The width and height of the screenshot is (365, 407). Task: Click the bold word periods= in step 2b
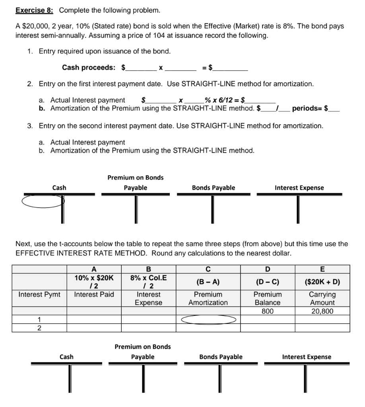coord(307,108)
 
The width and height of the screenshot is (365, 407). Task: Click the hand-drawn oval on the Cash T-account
coord(43,200)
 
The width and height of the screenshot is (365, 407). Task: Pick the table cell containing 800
coord(267,311)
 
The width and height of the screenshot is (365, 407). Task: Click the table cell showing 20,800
coord(322,311)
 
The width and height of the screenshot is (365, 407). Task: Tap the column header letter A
coord(94,269)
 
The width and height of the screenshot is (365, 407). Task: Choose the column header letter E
coord(322,269)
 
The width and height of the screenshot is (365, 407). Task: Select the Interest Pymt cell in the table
coord(39,295)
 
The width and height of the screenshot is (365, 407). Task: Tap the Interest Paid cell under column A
coord(94,295)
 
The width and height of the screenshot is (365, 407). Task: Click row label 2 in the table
coord(39,328)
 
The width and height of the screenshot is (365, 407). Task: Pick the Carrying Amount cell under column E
coord(322,298)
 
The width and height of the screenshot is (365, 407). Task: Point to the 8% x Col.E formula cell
coord(148,282)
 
